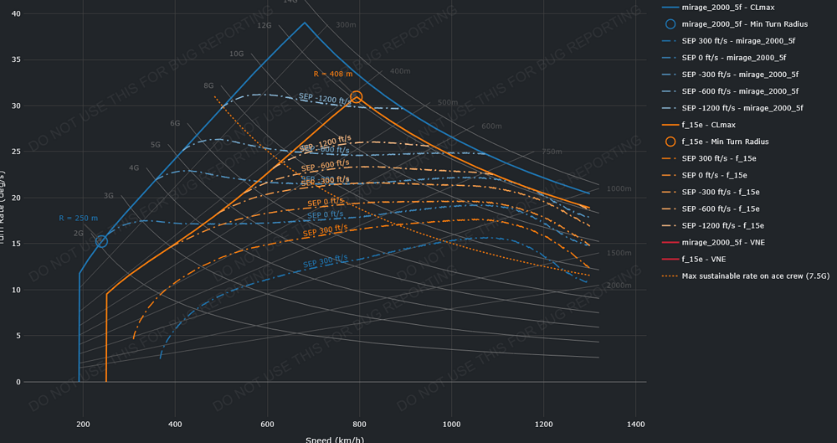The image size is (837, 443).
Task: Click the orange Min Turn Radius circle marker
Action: [x=357, y=97]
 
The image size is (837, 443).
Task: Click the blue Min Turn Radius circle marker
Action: [x=101, y=241]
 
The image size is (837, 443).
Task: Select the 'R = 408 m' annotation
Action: [x=333, y=74]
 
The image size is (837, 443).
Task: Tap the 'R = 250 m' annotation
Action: [x=78, y=219]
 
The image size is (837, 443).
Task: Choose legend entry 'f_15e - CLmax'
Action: [x=714, y=125]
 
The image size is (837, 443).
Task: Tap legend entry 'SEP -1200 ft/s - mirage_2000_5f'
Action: [x=742, y=108]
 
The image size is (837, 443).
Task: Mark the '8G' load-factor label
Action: [x=208, y=85]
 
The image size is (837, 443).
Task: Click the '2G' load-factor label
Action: [x=79, y=234]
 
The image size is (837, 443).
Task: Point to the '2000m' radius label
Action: [x=619, y=286]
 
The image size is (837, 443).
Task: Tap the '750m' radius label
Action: [x=552, y=152]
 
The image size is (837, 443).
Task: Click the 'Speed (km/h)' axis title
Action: [x=335, y=439]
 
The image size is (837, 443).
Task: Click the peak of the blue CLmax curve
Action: [x=305, y=23]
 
